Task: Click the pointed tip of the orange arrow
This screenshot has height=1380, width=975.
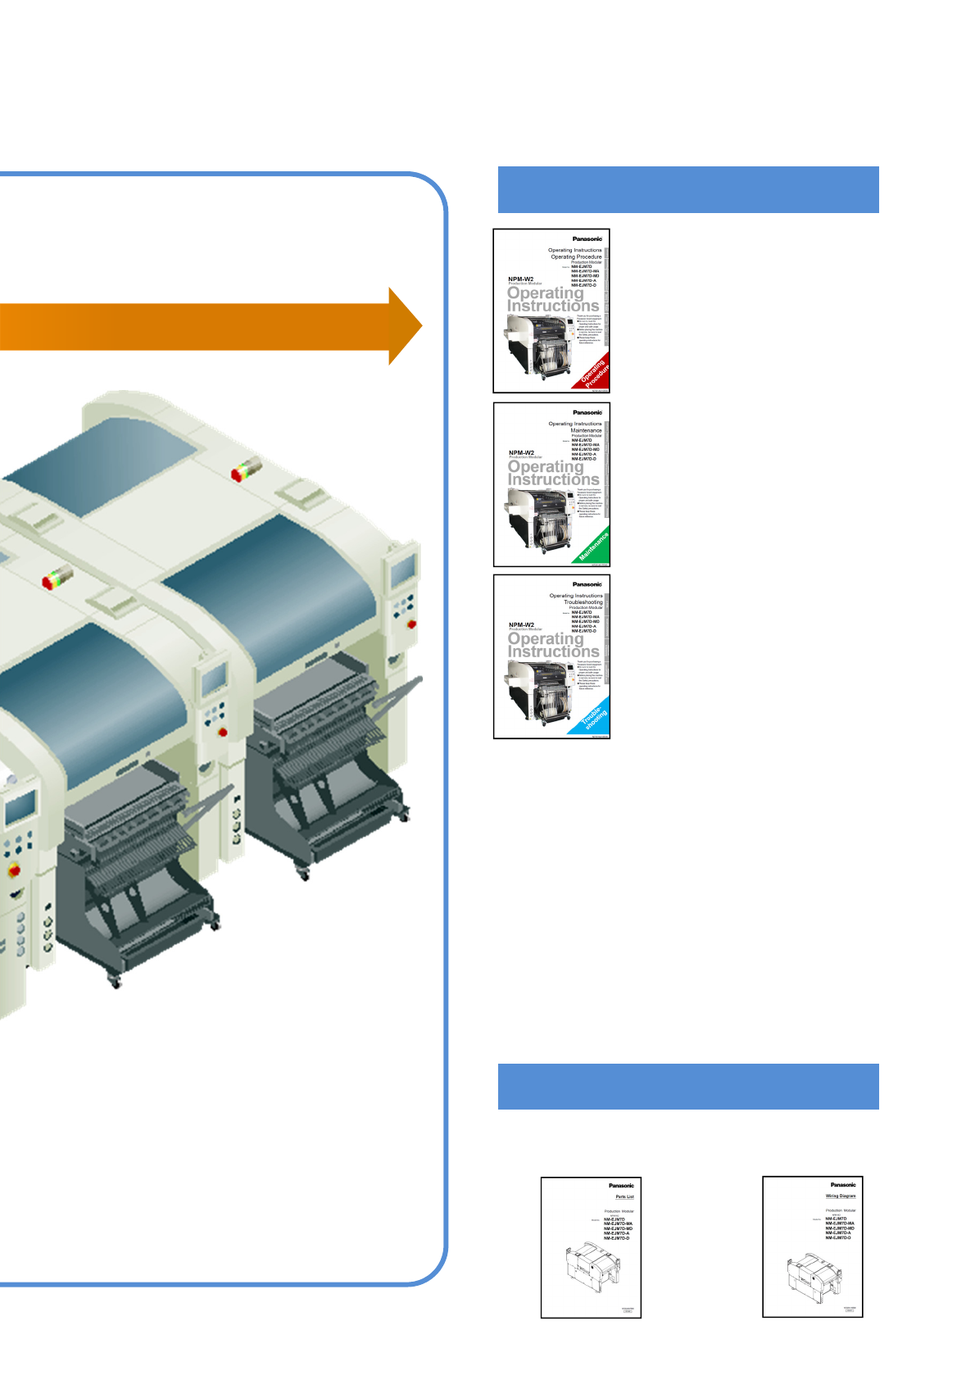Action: (x=419, y=326)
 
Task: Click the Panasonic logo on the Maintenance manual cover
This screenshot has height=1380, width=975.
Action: (x=587, y=412)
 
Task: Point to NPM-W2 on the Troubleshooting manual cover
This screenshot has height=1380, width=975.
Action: (x=521, y=624)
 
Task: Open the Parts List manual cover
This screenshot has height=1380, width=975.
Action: (x=591, y=1247)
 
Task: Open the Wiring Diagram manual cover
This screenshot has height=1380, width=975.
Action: (x=813, y=1246)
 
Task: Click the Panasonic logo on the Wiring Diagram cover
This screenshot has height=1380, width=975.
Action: (x=842, y=1184)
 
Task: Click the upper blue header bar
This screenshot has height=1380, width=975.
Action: (x=688, y=189)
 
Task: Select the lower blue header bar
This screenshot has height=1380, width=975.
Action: (x=688, y=1087)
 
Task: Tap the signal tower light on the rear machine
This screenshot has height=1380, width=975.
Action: (x=246, y=470)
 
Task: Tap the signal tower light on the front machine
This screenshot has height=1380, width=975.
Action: (x=57, y=577)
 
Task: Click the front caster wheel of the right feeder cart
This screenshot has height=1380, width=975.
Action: (x=304, y=874)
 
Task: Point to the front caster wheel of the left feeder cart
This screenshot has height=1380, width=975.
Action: (x=114, y=980)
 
